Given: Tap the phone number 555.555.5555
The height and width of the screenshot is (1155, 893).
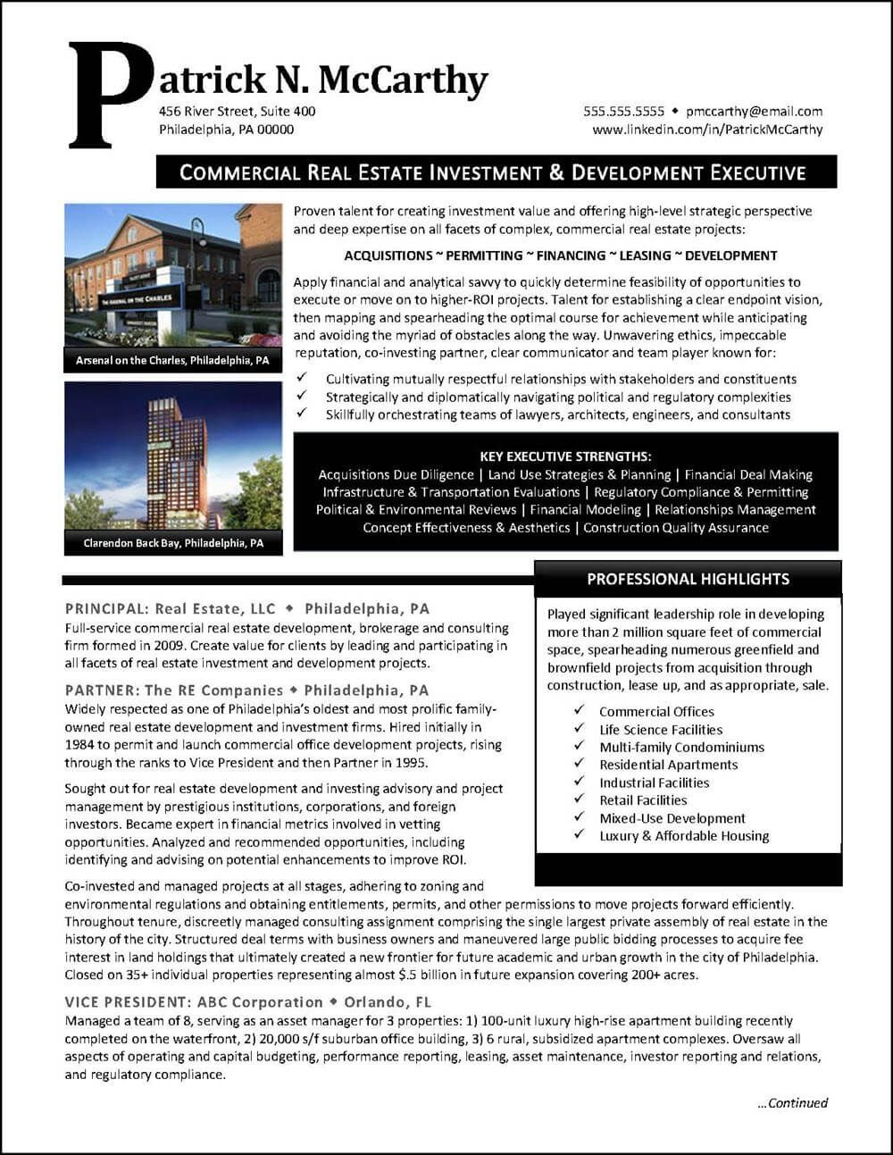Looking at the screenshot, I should click(623, 112).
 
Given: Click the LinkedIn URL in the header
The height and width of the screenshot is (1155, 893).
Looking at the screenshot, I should click(707, 130).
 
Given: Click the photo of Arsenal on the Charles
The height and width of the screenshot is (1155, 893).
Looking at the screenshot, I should click(173, 275).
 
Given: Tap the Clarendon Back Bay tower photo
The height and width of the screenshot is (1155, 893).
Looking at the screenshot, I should click(173, 456).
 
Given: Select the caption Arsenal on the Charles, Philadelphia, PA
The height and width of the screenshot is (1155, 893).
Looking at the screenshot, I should click(173, 361).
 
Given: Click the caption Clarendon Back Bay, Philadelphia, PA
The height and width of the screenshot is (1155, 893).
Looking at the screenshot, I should click(173, 543).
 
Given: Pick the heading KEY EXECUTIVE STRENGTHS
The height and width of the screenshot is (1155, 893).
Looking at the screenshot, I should click(565, 456).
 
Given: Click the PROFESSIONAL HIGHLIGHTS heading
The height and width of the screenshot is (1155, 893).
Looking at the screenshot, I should click(688, 579).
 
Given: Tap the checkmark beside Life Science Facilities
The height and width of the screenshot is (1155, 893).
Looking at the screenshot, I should click(580, 729).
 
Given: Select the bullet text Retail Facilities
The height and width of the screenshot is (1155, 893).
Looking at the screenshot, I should click(643, 800).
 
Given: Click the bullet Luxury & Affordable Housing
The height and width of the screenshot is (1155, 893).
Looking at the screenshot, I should click(684, 836).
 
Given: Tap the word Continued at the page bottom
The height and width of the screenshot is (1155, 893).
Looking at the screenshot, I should click(797, 1103).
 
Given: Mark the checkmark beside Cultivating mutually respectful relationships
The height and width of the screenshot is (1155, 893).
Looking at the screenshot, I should click(303, 379).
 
